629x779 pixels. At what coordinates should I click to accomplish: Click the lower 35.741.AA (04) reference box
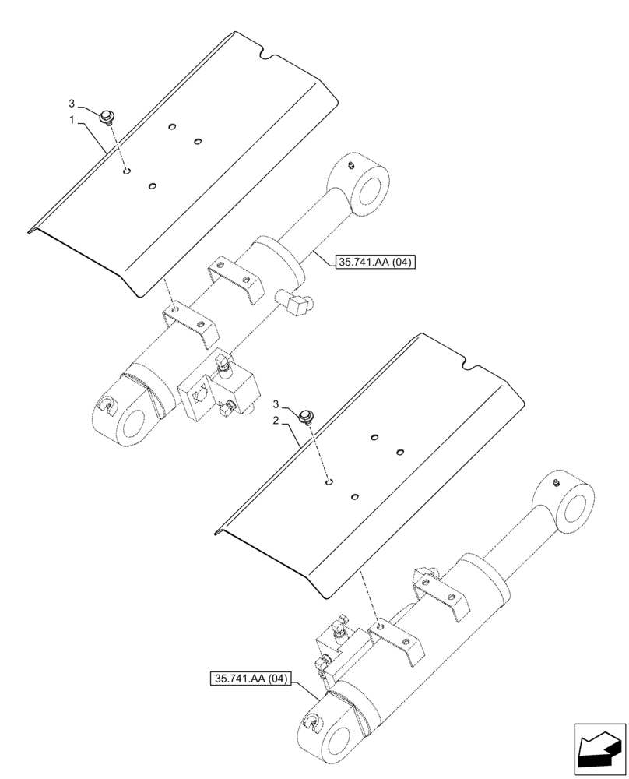pos(249,678)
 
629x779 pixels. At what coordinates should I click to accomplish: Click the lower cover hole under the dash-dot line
pos(329,482)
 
